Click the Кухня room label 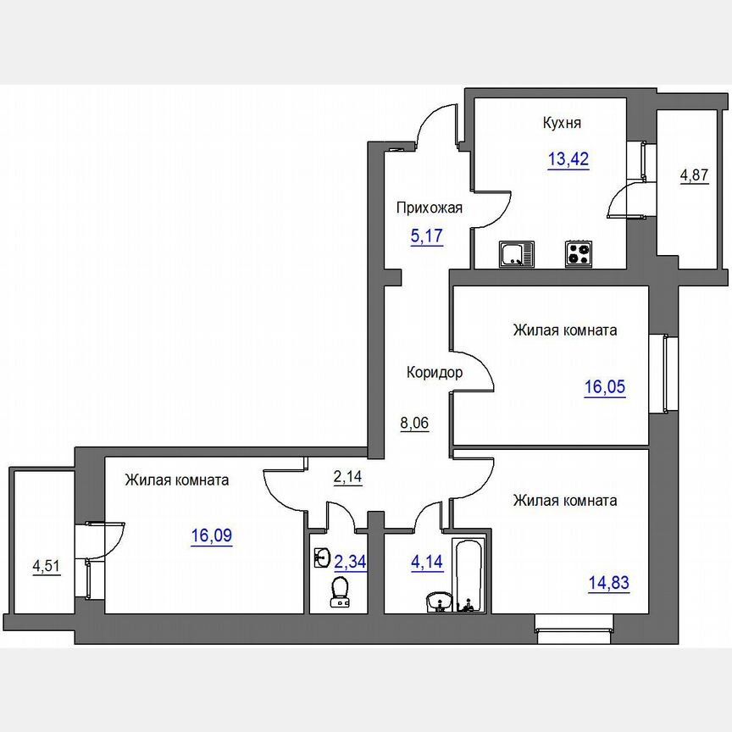coord(562,123)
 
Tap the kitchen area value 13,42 coord(568,159)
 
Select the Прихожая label coord(429,208)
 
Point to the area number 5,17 coord(427,236)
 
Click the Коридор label coord(435,373)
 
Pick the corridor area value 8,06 coord(414,423)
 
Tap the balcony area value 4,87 coord(694,175)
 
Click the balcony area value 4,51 coord(47,566)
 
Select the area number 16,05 coord(605,387)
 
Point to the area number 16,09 coord(212,535)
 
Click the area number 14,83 coord(609,583)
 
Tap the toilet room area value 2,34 coord(350,562)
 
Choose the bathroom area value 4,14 coord(427,562)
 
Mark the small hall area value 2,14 coord(348,477)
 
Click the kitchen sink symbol coord(517,254)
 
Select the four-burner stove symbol coord(579,254)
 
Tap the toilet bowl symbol coord(340,592)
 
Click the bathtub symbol coord(469,575)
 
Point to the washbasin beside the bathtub coord(439,602)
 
